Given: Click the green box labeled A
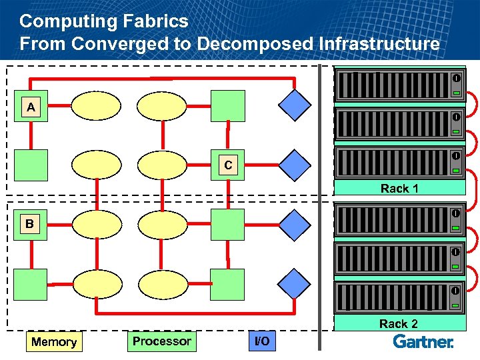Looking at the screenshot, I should [x=31, y=107].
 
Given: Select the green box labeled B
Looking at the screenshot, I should [x=29, y=224].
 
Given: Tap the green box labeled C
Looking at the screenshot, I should [x=228, y=165].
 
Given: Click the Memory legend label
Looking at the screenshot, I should [x=54, y=342].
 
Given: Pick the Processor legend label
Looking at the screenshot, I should [x=161, y=341].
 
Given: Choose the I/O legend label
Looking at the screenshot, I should [x=263, y=342].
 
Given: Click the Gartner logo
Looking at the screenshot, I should [x=423, y=341].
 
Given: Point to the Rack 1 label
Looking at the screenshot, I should [x=399, y=188].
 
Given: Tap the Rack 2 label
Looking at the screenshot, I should [x=399, y=323].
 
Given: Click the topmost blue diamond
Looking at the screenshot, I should [x=295, y=105].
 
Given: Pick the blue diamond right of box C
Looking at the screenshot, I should [x=295, y=165].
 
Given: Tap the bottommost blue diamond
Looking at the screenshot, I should [x=295, y=285].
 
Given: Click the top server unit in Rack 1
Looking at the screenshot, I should [x=399, y=85].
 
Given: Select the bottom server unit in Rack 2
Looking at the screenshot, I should [x=399, y=297].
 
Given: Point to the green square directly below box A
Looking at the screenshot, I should [x=31, y=165].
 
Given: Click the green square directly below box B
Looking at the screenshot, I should [x=31, y=284].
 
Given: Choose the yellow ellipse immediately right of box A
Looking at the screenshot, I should [x=96, y=105].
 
